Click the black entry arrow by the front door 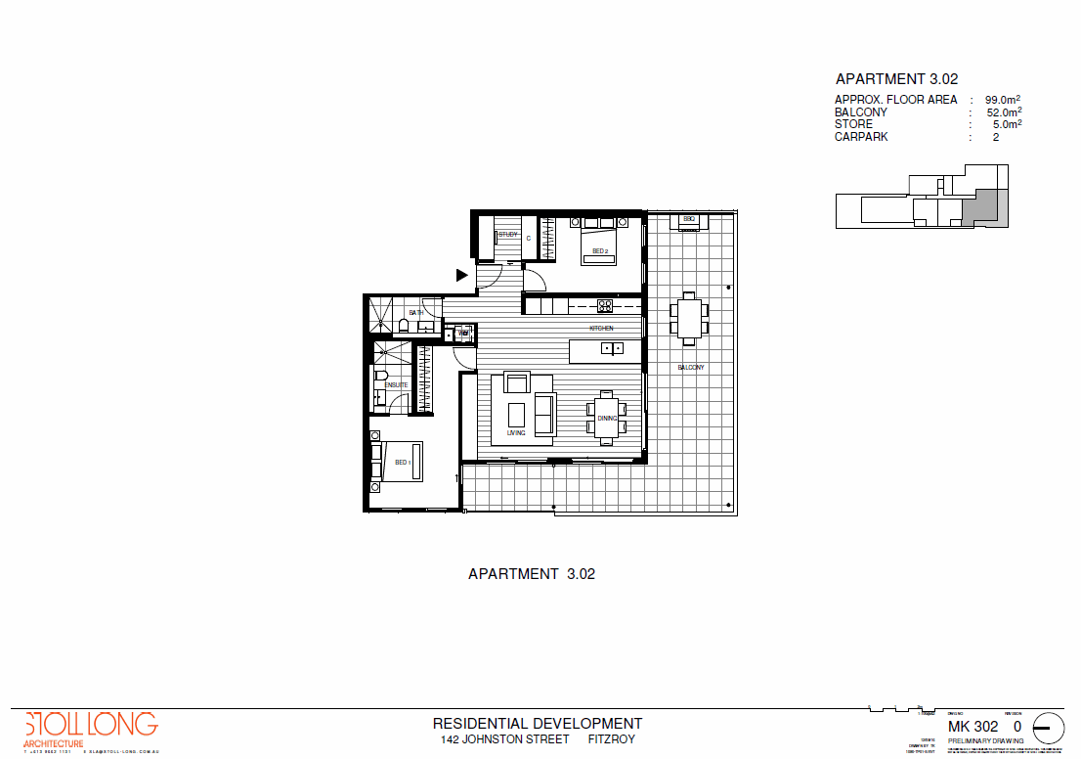coord(462,275)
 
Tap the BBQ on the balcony coord(689,220)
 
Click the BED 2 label coord(600,252)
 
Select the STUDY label coord(508,235)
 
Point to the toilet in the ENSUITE coord(380,376)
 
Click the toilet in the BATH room coord(403,325)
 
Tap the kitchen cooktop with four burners coord(605,303)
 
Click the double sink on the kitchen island coord(612,347)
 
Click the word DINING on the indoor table coord(607,419)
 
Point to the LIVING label coord(516,432)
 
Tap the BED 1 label coord(402,462)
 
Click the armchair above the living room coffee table coord(516,382)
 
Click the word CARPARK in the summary coord(860,138)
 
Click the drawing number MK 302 coord(973,727)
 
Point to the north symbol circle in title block coord(1049,729)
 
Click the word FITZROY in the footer coord(611,739)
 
